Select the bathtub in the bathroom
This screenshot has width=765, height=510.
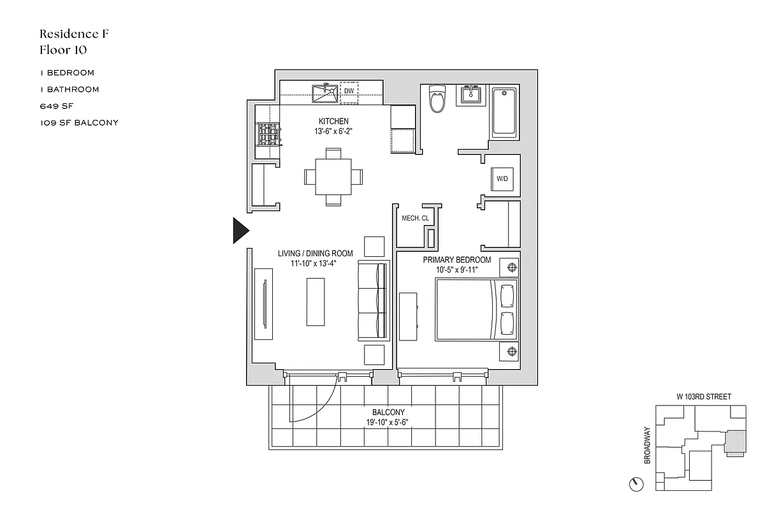click(x=506, y=113)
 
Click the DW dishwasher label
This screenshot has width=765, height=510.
click(x=349, y=92)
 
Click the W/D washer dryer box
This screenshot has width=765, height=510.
click(x=502, y=178)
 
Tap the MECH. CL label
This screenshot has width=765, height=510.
click(x=415, y=219)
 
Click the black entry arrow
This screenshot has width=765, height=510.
click(x=240, y=230)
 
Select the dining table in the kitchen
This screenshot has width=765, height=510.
click(x=333, y=177)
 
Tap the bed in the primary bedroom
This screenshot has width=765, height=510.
click(x=477, y=310)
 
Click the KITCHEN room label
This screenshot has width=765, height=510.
click(x=333, y=121)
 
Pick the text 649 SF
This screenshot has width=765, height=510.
click(x=56, y=106)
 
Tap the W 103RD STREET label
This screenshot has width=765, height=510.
click(x=703, y=397)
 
